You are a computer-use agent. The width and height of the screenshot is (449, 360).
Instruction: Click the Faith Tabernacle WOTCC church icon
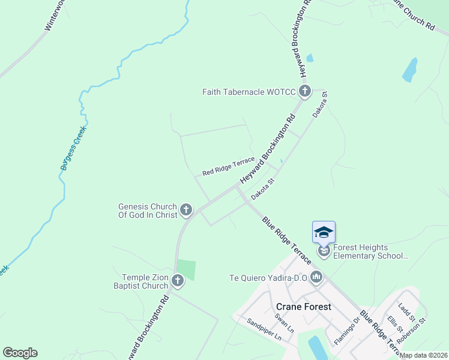pos(305,91)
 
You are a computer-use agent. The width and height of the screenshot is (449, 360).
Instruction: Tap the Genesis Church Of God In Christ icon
pos(187,210)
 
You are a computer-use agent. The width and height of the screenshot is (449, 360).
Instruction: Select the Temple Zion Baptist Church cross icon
pos(178,280)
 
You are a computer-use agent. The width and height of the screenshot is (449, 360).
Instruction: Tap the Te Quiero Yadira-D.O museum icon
pos(316,277)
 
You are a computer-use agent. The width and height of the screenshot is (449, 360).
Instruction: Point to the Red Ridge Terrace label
pos(228,167)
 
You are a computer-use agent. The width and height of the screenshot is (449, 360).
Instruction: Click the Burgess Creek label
pos(73,148)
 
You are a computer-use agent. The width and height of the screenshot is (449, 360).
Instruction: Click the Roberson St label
pos(412,330)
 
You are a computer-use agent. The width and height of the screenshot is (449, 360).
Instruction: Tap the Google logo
pos(20,353)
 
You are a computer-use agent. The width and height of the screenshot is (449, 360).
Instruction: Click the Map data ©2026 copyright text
pos(423,355)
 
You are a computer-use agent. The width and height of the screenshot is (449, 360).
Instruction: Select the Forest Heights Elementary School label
pos(369,251)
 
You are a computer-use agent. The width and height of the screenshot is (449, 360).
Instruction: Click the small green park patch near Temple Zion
pos(186,269)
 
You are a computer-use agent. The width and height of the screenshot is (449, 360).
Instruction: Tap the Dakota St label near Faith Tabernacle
pos(320,104)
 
